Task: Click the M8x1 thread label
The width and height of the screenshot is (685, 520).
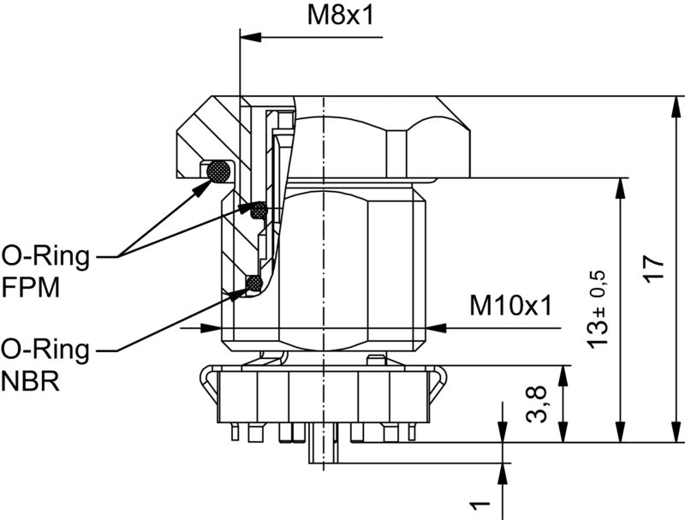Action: [340, 16]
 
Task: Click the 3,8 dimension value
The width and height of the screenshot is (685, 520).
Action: [537, 403]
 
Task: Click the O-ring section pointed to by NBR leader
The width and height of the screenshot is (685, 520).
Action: [253, 283]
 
